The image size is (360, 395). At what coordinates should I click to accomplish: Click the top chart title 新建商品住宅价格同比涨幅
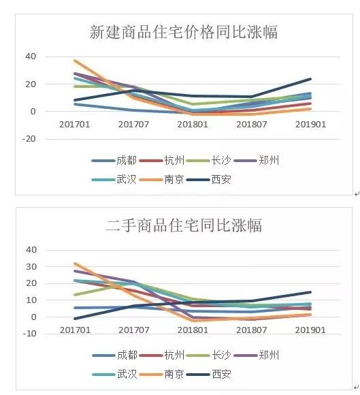click(184, 32)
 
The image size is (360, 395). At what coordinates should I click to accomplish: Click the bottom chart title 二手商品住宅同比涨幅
click(184, 225)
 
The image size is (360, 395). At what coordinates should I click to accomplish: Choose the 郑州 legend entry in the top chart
click(269, 161)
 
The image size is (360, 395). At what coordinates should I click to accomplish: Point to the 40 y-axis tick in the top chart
click(31, 57)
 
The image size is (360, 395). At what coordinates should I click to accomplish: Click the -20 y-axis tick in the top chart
click(29, 138)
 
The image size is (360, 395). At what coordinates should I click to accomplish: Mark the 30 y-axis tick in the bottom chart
click(31, 266)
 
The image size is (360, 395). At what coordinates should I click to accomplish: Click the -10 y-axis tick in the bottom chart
click(29, 334)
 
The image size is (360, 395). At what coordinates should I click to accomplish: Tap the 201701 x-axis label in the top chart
click(75, 124)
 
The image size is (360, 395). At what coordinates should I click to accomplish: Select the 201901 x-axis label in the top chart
click(311, 124)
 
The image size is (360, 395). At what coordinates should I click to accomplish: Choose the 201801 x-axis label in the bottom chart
click(193, 330)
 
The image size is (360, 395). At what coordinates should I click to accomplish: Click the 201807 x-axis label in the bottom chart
click(252, 330)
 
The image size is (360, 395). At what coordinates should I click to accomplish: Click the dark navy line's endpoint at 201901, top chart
click(311, 79)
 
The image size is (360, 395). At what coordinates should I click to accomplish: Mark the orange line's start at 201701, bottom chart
click(75, 263)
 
